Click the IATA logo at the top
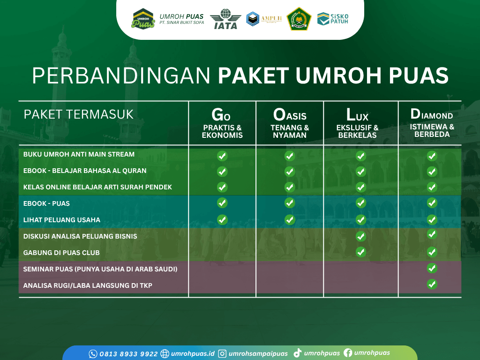coord(225,19)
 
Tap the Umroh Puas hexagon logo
coord(143,19)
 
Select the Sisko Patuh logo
coord(333,19)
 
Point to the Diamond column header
coord(432,122)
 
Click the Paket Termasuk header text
coord(79,114)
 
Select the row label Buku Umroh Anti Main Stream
coord(79,154)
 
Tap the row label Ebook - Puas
coord(46,203)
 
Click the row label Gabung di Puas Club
coord(61,253)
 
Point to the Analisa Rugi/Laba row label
coord(88,285)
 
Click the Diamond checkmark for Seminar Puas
coord(432,268)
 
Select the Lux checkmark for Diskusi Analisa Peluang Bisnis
coord(361,236)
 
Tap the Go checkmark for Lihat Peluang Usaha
coord(222,220)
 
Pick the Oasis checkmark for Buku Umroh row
coord(290,156)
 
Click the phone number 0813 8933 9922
coord(128,354)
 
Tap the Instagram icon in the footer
coord(223,354)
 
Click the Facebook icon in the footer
coord(348,353)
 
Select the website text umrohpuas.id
coord(193,354)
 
